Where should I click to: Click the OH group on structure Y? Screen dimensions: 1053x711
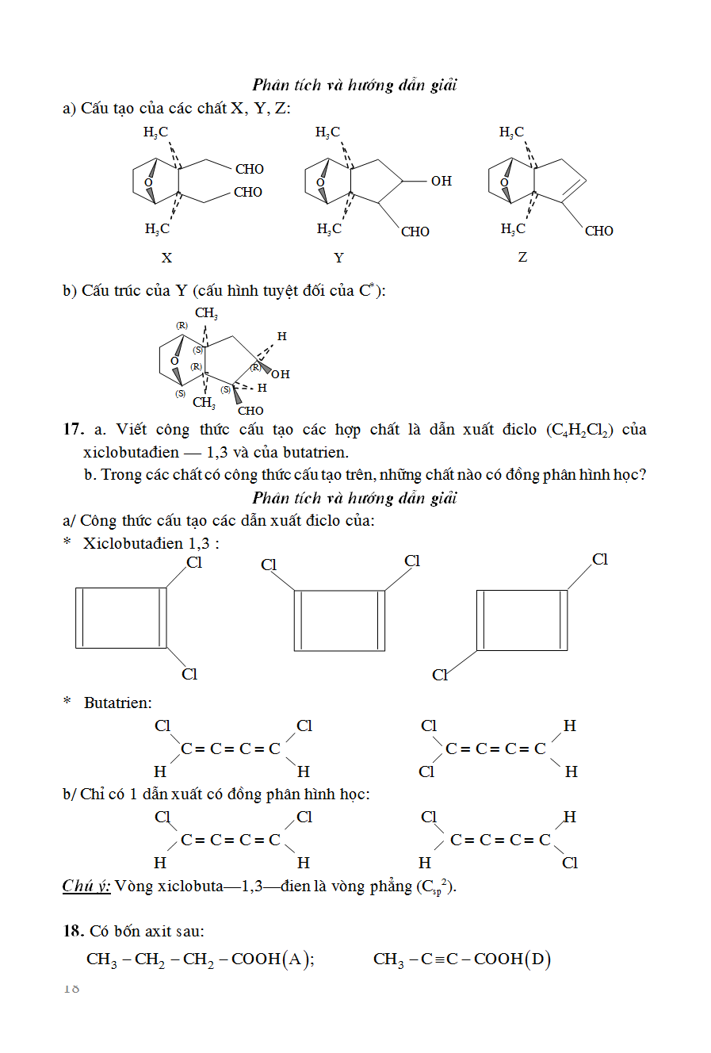(441, 181)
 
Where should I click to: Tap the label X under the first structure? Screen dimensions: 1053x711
(166, 258)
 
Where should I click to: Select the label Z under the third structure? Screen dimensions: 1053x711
(522, 257)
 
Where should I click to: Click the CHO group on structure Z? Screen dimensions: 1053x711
(598, 231)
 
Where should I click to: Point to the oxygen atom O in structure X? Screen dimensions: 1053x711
(148, 182)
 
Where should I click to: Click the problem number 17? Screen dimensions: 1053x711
(73, 429)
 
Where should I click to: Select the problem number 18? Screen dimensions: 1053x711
(73, 931)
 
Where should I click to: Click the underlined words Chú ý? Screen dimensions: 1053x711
(86, 886)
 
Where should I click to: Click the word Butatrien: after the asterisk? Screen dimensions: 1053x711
(117, 703)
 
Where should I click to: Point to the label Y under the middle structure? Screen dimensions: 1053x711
(339, 258)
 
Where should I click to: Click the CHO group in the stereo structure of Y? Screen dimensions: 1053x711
(250, 411)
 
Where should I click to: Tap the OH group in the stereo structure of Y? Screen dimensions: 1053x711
(281, 374)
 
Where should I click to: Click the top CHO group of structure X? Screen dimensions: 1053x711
(249, 169)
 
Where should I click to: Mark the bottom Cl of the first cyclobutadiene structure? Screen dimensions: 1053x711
(189, 674)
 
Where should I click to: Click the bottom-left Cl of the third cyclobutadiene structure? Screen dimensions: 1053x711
(440, 675)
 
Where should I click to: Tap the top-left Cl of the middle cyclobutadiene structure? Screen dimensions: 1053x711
(269, 565)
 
